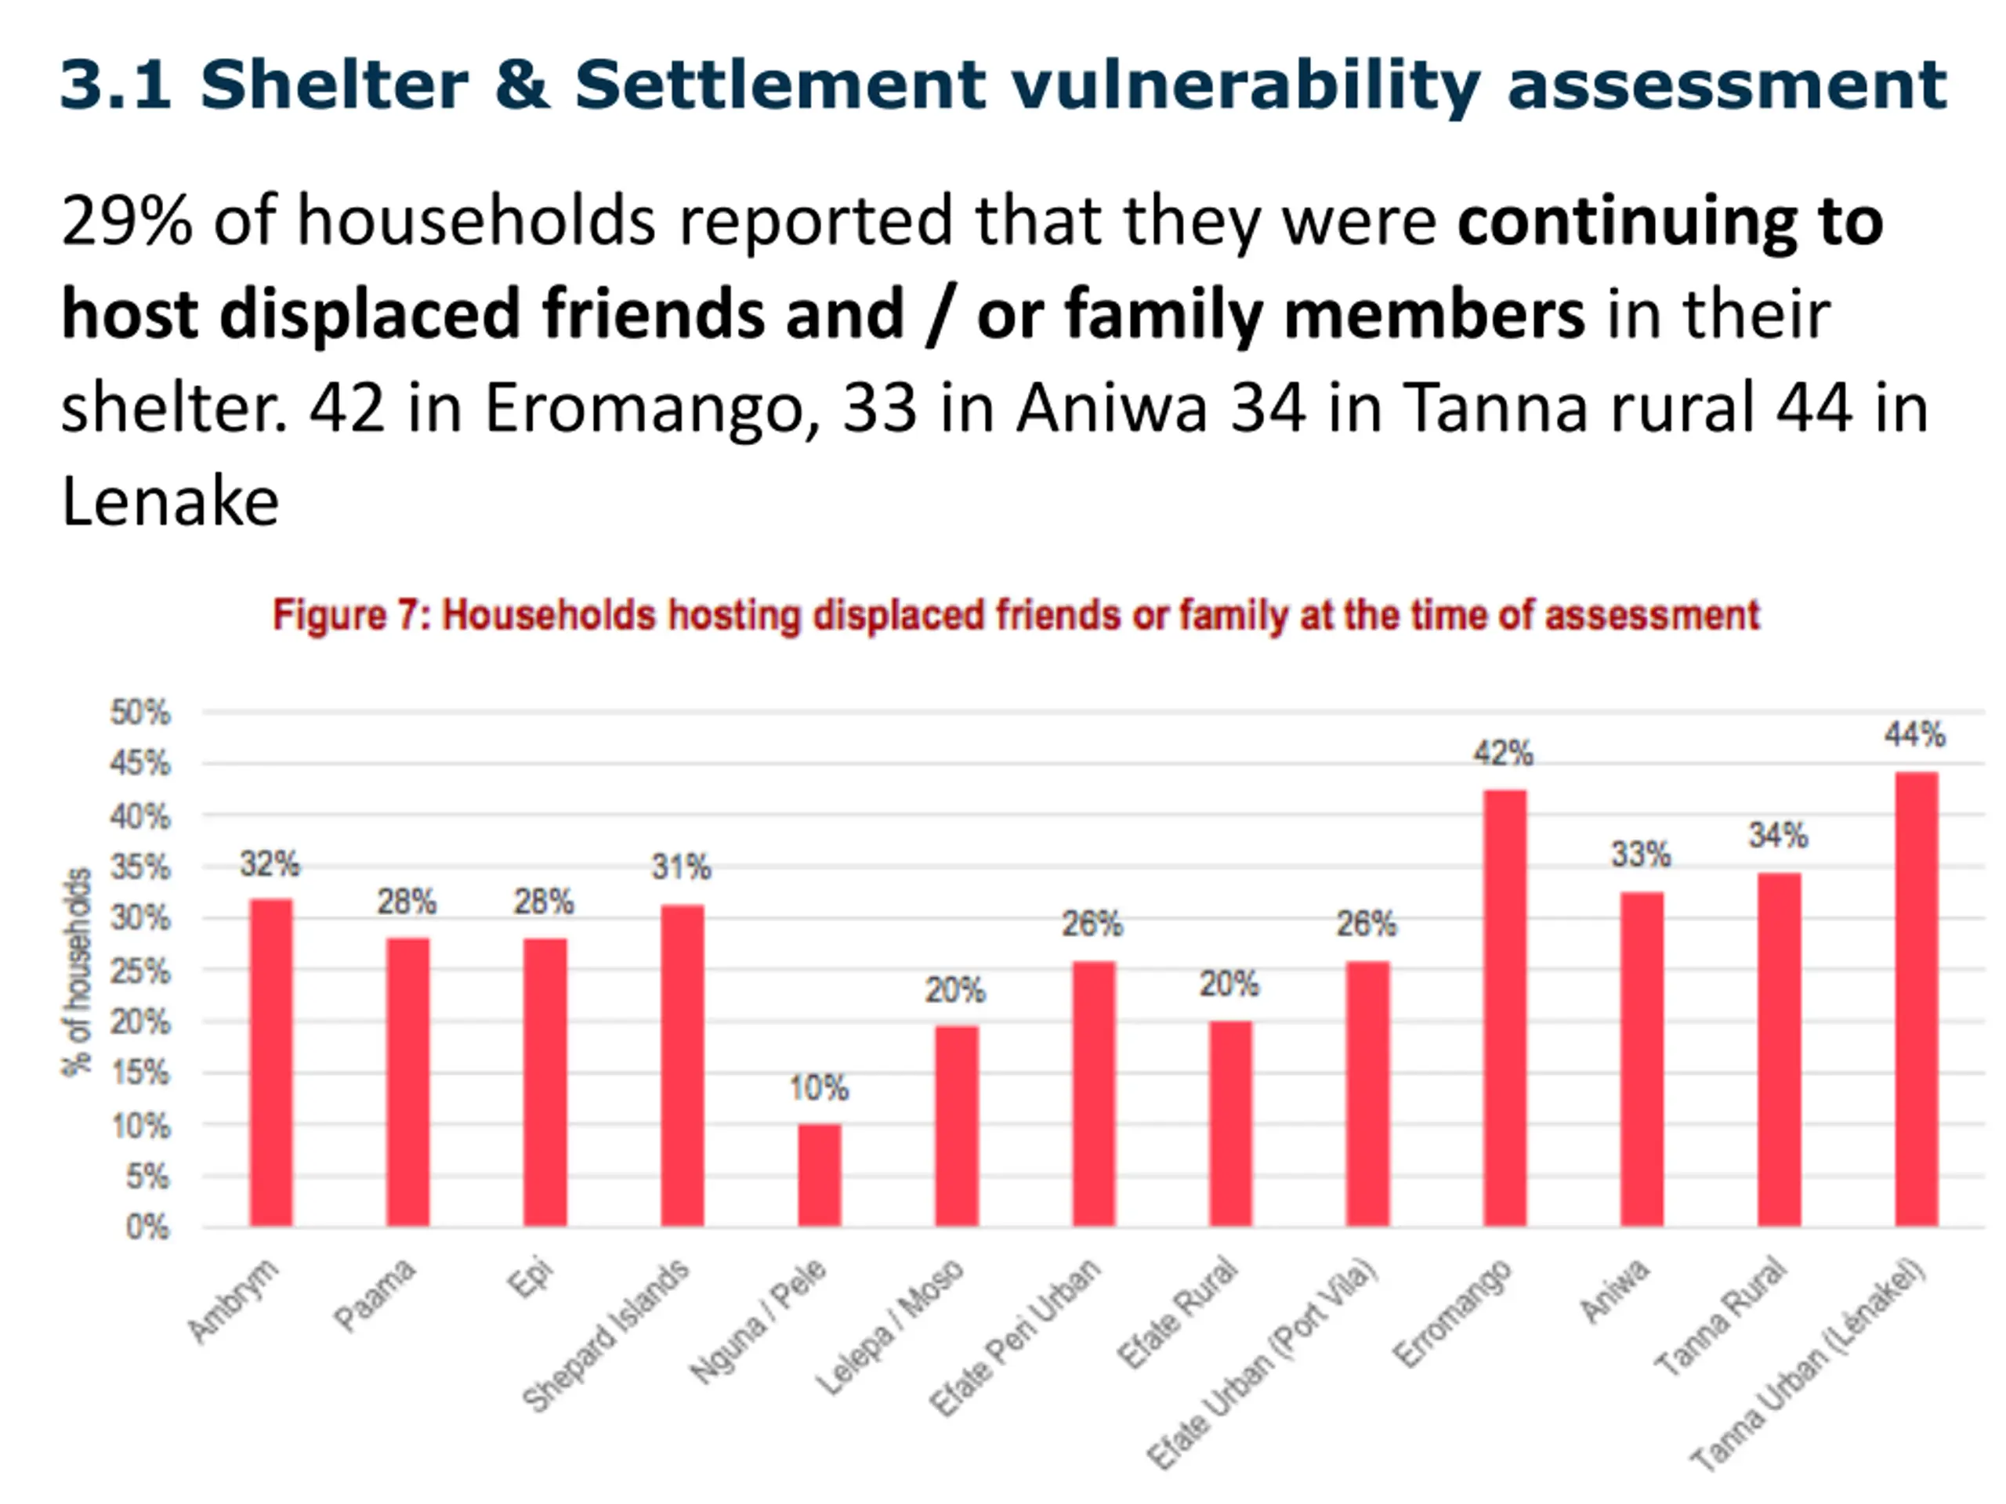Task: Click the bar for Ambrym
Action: (271, 1062)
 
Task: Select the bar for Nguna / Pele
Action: (819, 1175)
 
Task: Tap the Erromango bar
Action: (1504, 1008)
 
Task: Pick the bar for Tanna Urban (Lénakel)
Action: (1915, 999)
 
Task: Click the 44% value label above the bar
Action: (1914, 734)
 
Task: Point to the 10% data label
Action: (819, 1088)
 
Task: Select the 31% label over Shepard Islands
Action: (681, 868)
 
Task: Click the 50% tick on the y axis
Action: (140, 713)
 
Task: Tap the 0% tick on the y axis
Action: (148, 1227)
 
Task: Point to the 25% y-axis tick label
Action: (140, 971)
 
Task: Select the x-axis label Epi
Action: (530, 1278)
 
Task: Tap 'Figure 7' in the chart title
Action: (346, 616)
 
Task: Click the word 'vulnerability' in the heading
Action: (1245, 85)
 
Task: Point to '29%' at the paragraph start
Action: (127, 220)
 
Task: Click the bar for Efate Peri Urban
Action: (1094, 1094)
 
